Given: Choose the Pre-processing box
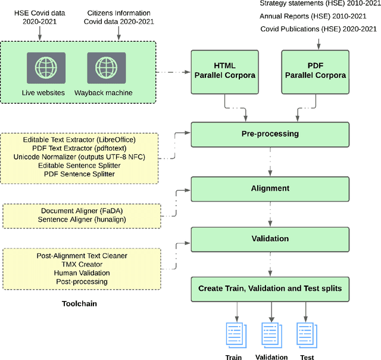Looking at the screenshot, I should (270, 134).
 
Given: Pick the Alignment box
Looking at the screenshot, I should (270, 188).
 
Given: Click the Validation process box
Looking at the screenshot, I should (270, 238).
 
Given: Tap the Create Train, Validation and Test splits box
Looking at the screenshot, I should (270, 289).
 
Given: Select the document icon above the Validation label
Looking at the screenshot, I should (271, 334).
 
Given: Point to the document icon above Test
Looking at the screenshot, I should (306, 334).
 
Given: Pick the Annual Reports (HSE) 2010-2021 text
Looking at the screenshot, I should (320, 16).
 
